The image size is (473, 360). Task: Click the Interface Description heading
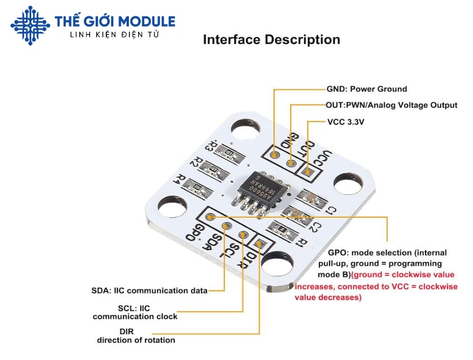[x=271, y=40]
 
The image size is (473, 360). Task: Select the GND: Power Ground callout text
[x=367, y=89]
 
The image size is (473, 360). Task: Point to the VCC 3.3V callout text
[x=346, y=122]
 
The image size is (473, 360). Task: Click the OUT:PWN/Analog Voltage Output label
[x=392, y=106]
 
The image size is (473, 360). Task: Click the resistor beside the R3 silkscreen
[x=229, y=153]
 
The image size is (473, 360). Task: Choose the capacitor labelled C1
[x=312, y=198]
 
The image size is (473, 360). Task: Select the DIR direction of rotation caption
[x=136, y=336]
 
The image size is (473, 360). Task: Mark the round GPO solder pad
[x=210, y=217]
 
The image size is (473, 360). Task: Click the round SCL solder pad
[x=243, y=236]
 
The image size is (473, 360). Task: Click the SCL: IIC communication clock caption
[x=135, y=313]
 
